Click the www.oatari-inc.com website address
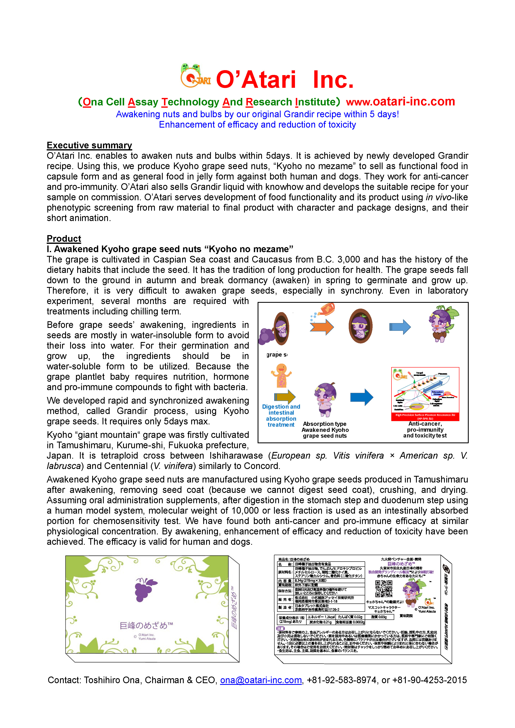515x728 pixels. [400, 102]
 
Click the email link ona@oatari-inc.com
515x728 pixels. [261, 680]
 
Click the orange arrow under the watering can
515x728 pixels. [322, 327]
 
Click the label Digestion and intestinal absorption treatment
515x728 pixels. [281, 416]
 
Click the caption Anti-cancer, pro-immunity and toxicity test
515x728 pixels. [425, 430]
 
